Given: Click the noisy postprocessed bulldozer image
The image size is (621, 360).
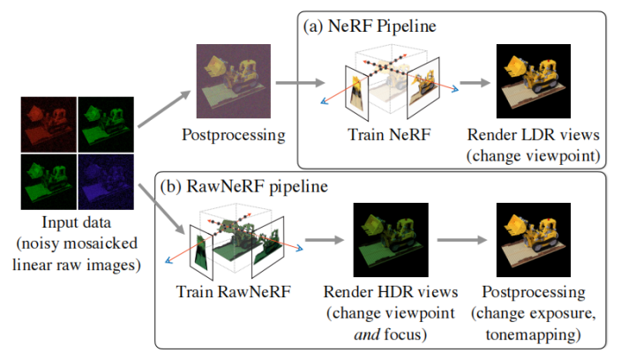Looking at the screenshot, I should coord(233,86).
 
